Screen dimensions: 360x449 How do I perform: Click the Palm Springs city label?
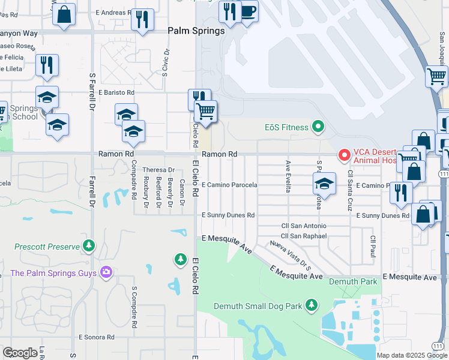click(196, 31)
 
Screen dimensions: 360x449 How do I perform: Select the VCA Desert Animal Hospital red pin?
click(345, 155)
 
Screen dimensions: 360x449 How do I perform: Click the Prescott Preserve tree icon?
click(89, 246)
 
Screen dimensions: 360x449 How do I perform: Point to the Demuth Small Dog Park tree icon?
click(311, 305)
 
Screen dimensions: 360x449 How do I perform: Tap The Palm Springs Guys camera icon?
click(106, 273)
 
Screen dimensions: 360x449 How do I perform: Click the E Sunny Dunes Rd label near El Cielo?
click(228, 215)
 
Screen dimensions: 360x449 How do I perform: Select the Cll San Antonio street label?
click(304, 226)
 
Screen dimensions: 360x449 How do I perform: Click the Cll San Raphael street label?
click(304, 236)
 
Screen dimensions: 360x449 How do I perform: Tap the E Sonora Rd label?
click(96, 337)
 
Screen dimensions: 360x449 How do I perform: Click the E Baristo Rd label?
click(116, 92)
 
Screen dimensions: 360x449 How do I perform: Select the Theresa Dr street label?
click(158, 170)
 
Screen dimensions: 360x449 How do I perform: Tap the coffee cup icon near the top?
click(248, 10)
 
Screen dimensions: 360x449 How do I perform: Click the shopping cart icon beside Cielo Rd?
click(206, 111)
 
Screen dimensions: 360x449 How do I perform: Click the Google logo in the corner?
click(20, 353)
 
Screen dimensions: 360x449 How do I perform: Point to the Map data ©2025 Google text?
click(411, 355)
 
